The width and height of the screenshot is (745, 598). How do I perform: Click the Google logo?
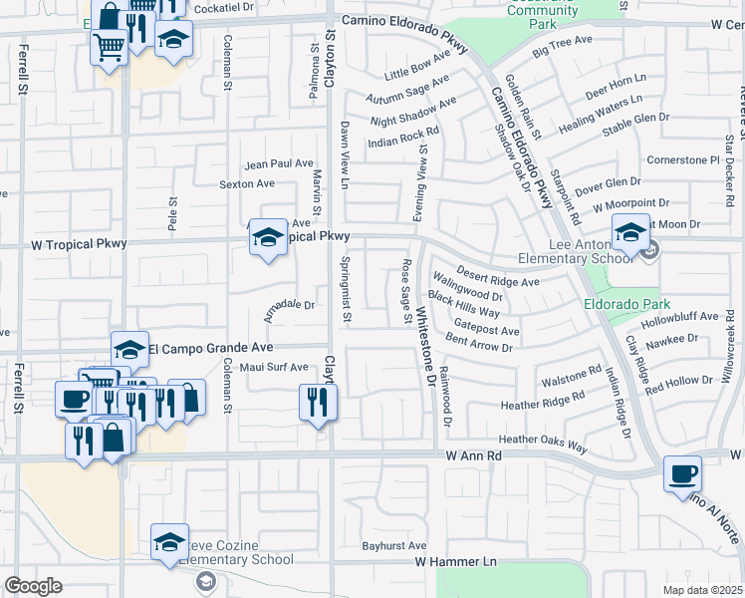point(33,586)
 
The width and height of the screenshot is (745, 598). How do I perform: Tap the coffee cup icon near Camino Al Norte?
point(682,474)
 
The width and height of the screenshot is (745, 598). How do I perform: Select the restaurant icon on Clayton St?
point(319,403)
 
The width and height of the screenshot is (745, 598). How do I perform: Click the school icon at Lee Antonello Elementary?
point(630,234)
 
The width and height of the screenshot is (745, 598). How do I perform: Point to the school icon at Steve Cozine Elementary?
point(170,543)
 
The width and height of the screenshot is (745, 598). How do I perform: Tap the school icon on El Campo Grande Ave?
point(129,350)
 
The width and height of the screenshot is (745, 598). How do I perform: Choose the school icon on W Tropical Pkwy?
point(267,238)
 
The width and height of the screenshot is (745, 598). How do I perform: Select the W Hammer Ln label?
point(455,562)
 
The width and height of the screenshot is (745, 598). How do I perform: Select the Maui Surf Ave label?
point(272,367)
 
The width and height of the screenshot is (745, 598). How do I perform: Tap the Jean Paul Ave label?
point(280,163)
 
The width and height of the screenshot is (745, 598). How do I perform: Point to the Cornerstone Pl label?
point(682,159)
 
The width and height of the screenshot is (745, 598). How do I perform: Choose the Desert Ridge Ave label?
point(498,276)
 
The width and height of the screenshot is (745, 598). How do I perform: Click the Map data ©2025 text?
point(702,590)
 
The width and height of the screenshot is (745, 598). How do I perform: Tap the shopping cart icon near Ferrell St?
point(109,45)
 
